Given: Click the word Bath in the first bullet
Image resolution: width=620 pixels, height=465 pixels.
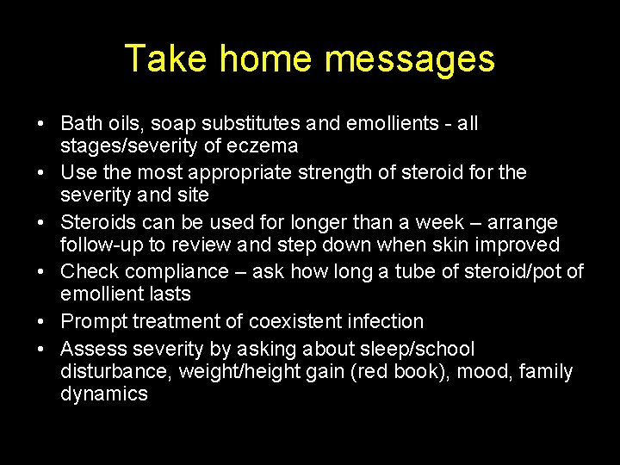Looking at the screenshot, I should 81,123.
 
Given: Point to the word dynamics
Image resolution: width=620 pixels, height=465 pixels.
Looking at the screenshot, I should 104,394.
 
